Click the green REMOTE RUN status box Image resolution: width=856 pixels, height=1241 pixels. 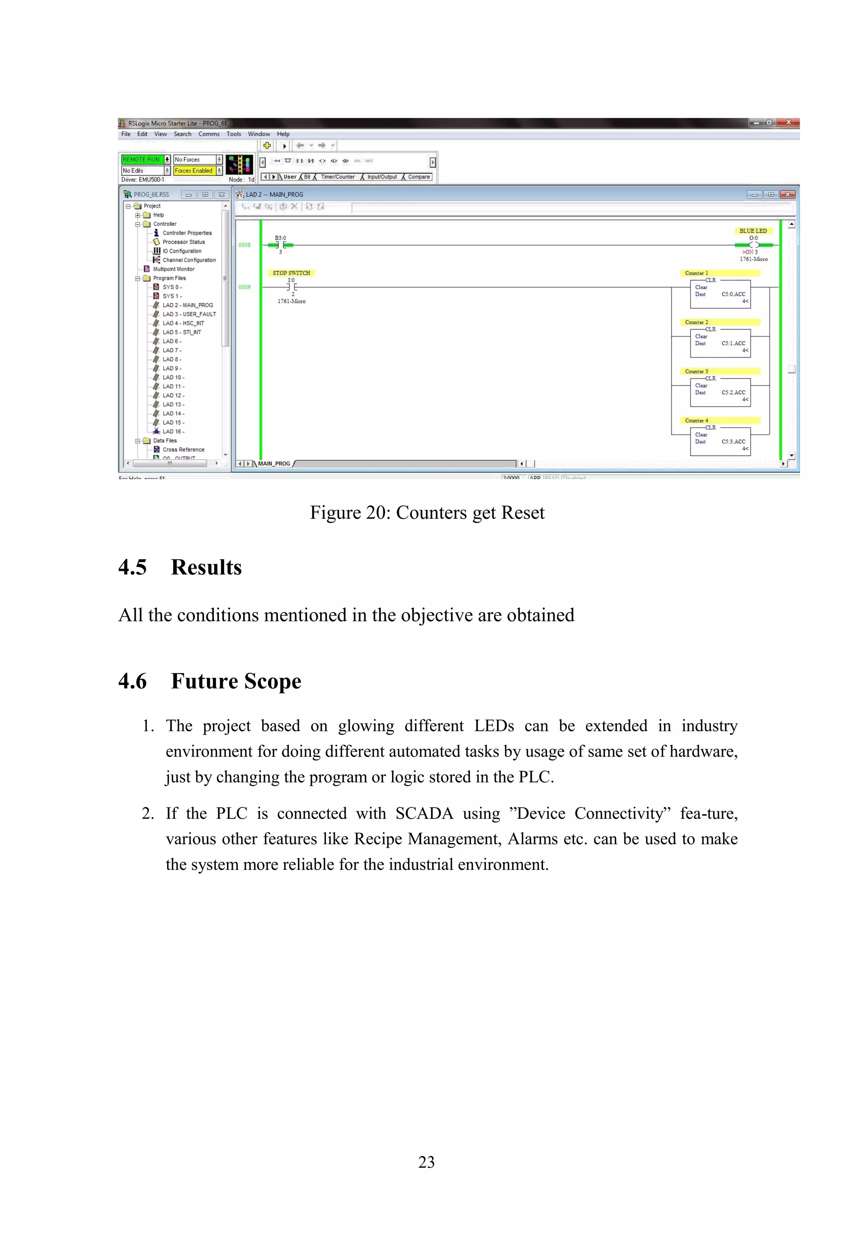coord(141,159)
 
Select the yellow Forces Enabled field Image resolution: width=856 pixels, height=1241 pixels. coord(194,171)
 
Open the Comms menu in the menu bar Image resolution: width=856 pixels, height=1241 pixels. coord(209,134)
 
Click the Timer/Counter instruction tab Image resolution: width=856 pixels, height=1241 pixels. coord(337,177)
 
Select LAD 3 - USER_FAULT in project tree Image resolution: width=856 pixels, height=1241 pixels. coord(189,314)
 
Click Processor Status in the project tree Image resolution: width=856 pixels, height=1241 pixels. coord(183,242)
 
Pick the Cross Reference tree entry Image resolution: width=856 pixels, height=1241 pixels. coord(183,450)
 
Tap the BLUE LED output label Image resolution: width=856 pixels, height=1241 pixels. coord(752,231)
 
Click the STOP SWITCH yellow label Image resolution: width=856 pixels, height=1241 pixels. coord(291,273)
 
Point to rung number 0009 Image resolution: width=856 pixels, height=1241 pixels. coord(245,287)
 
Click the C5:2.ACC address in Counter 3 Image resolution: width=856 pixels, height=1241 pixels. coord(733,392)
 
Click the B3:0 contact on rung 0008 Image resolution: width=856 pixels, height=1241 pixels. coord(280,245)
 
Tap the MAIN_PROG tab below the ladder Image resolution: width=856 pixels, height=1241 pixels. coord(274,464)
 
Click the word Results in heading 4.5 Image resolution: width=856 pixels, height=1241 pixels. coord(206,567)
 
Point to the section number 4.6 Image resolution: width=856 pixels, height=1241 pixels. coord(132,681)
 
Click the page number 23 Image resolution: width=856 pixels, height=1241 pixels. coord(426,1162)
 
